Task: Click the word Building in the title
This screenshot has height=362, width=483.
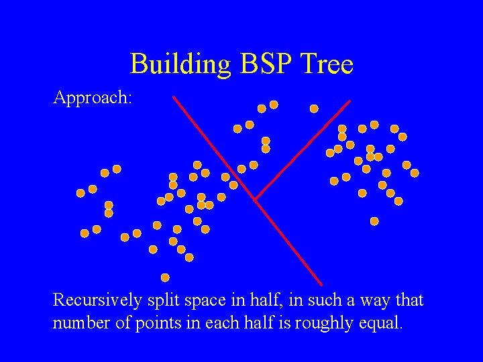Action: [x=178, y=64]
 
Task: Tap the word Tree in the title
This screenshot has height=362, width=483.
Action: [x=328, y=64]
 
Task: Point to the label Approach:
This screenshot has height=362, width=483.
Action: [x=93, y=98]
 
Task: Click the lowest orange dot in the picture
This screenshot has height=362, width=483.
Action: [x=165, y=278]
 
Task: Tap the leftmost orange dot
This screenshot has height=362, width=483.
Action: [x=80, y=193]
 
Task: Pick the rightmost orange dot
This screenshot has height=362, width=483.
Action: [x=415, y=173]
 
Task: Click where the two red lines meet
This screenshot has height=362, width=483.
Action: [x=256, y=200]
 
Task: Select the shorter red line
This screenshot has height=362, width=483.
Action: [x=303, y=149]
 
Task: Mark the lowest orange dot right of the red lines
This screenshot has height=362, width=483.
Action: [x=374, y=221]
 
